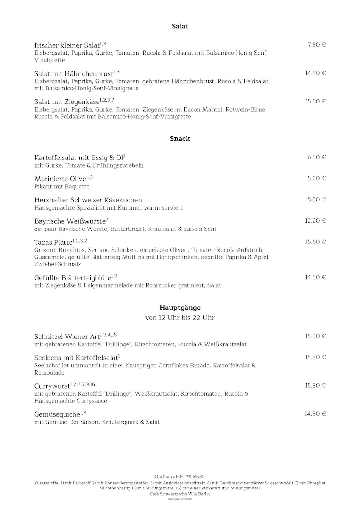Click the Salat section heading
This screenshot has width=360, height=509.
pos(180,26)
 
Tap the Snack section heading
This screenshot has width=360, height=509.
pos(180,139)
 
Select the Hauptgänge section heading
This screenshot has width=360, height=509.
pos(180,308)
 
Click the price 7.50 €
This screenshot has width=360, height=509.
pos(316,45)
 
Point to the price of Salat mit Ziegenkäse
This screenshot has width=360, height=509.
pos(315,101)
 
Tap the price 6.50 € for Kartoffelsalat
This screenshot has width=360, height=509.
pos(316,157)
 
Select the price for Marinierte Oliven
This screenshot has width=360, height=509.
pos(316,178)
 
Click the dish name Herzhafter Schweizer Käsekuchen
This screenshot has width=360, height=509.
pos(88,200)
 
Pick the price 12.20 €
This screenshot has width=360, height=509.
pos(315,221)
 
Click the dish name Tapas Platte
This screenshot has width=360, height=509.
pos(53,243)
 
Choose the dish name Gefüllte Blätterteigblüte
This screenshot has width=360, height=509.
pos(72,278)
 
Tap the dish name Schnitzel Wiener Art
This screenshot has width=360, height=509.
pos(67,337)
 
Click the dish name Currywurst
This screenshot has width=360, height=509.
pos(52,386)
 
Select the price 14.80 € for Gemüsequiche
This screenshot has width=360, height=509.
pos(315,414)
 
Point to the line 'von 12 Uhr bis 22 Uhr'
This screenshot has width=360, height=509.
pos(180,318)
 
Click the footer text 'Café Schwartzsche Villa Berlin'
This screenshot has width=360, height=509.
pos(180,494)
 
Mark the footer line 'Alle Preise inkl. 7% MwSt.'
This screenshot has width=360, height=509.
pos(180,477)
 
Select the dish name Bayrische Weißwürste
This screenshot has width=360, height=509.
pos(70,221)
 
